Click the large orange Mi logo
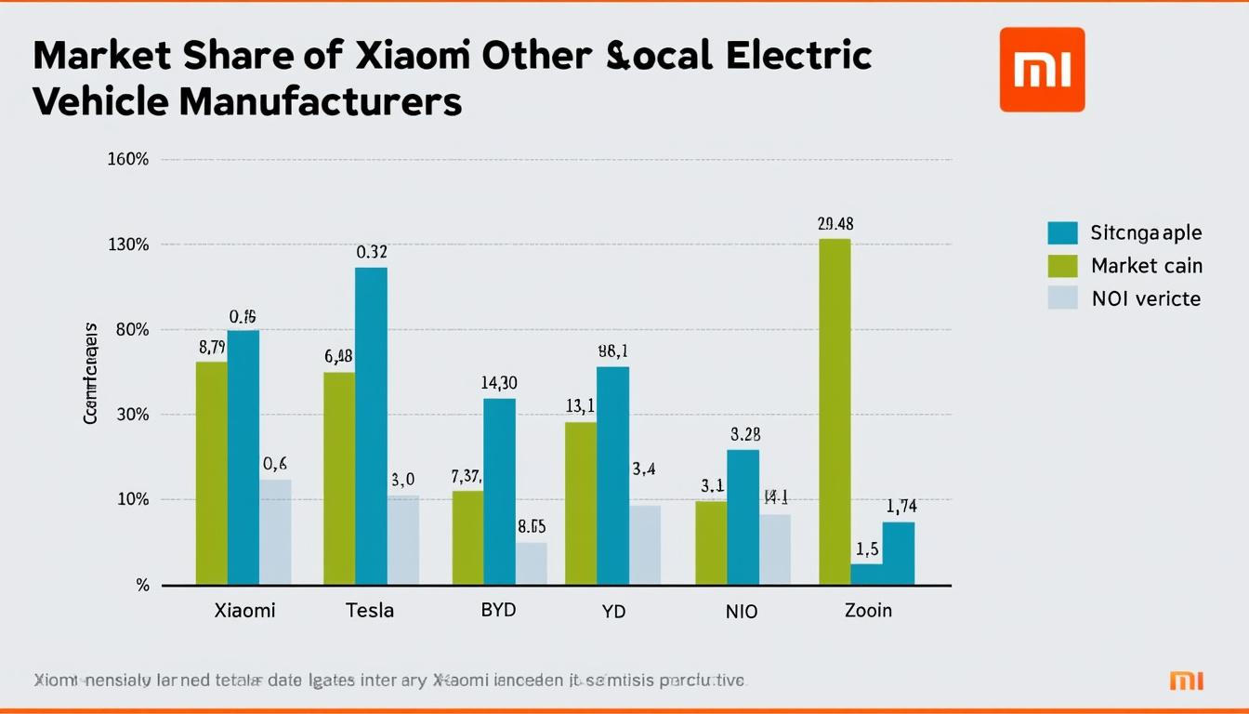(1042, 70)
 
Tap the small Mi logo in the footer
(1186, 681)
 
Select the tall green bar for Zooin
(835, 412)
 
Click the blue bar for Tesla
(371, 426)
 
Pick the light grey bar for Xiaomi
(275, 532)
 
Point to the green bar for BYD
(467, 537)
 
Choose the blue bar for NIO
(743, 517)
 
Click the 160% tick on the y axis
(128, 159)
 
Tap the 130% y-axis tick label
(128, 245)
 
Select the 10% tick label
(132, 499)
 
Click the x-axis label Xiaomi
(244, 611)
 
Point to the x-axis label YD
(612, 611)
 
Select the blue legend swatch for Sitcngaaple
(1062, 233)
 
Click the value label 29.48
(835, 224)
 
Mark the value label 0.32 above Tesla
(372, 252)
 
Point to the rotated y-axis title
(91, 374)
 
